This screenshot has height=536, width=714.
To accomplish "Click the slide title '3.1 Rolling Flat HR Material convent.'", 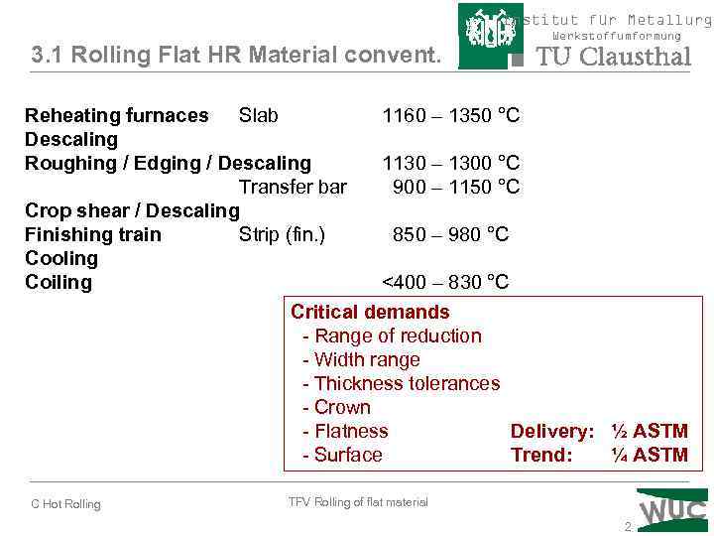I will (x=235, y=56).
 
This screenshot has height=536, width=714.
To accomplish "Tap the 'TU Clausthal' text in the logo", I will (x=613, y=57).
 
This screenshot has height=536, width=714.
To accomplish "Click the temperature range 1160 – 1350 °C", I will (x=451, y=116).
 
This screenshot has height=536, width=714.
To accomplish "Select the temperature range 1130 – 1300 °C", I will (x=451, y=163).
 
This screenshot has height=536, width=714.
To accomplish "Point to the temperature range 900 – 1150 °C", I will (x=456, y=187).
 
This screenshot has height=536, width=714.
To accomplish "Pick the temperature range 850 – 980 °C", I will (x=450, y=235).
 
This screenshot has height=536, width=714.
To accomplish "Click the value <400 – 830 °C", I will (x=445, y=283).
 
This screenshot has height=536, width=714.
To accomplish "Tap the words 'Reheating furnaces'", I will (x=117, y=116).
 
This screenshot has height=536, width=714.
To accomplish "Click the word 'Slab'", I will (x=259, y=116).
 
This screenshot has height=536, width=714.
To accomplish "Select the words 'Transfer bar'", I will (x=293, y=187).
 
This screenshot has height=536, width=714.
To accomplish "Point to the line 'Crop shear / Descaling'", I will (x=132, y=210).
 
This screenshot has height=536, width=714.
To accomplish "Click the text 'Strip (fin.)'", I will (x=282, y=235).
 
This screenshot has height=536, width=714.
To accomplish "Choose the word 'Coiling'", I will (x=59, y=283).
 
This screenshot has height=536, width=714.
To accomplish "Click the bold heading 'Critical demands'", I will (x=370, y=313).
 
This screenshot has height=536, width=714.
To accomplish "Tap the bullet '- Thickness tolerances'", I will (x=401, y=384).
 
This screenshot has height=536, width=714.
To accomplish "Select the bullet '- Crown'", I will (x=336, y=408).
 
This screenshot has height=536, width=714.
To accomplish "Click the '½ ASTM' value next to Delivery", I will (x=650, y=432).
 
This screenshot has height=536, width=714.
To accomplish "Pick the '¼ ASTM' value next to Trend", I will (x=650, y=456).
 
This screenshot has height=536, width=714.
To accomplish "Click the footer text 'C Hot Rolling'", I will (x=65, y=504).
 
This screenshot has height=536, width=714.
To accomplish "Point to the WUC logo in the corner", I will (x=673, y=508).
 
